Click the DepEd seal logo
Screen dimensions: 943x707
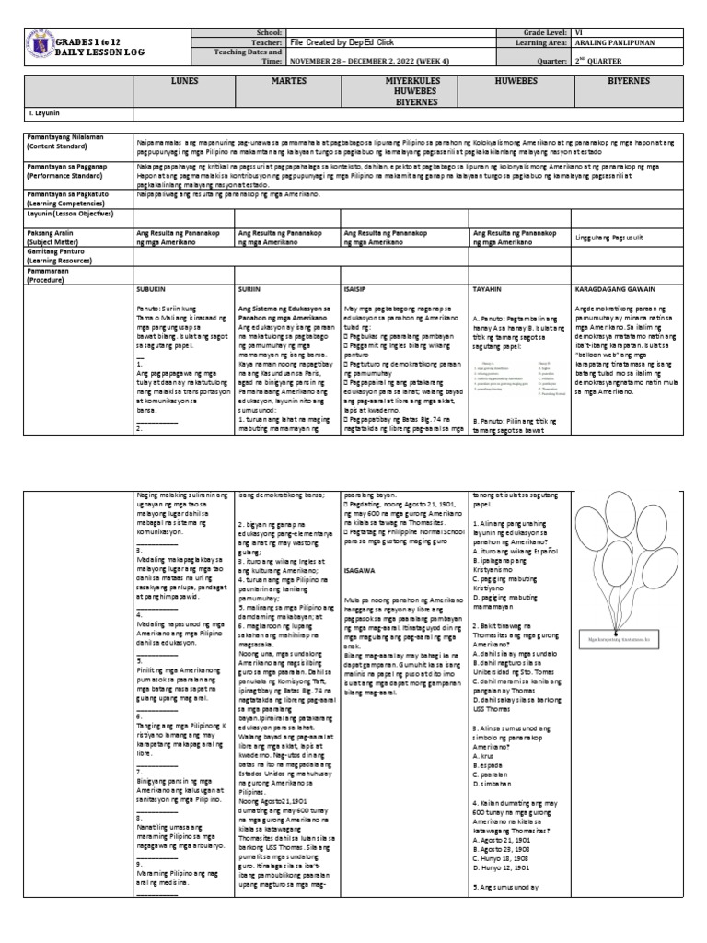[x=38, y=48]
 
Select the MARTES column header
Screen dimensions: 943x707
[x=288, y=81]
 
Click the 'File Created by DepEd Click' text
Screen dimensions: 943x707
[x=338, y=42]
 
